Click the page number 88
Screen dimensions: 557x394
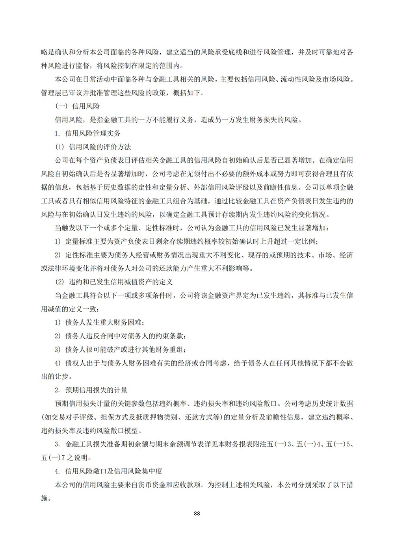pos(197,514)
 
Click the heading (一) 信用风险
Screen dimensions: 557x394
pos(77,106)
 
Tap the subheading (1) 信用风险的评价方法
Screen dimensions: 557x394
pos(93,147)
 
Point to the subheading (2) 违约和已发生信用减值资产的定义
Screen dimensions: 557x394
pos(113,282)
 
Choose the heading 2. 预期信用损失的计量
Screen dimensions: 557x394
pos(91,390)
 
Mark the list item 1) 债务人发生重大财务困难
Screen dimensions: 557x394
pos(97,323)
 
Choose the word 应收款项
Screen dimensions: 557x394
pos(183,485)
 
